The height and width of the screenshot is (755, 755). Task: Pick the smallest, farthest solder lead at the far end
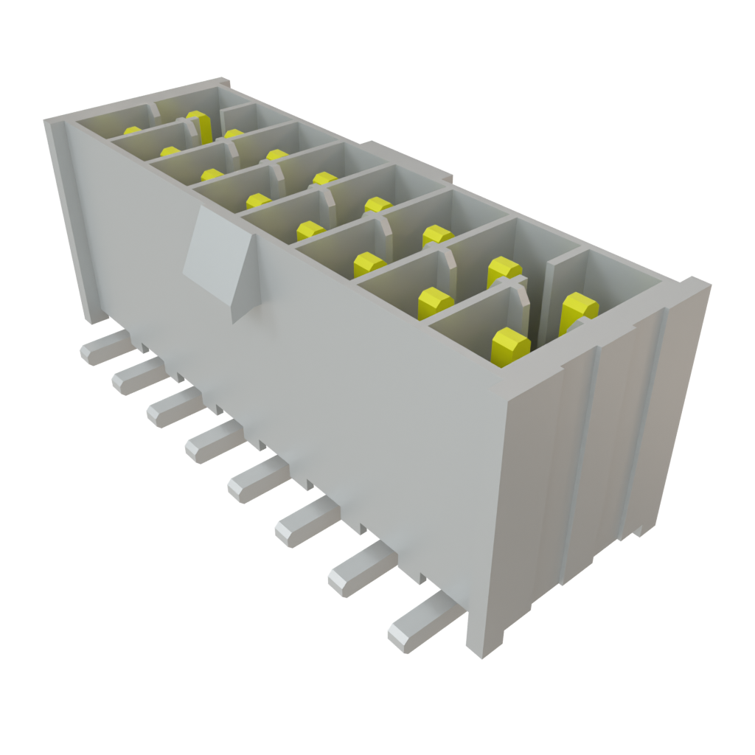pos(103,347)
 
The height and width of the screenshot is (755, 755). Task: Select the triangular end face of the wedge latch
pos(243,280)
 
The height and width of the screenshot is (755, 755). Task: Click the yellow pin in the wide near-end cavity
pos(578,310)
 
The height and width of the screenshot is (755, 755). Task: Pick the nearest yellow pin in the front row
pos(510,347)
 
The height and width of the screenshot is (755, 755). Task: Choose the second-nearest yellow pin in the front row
pos(435,303)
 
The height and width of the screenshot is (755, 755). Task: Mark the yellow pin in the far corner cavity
pos(133,131)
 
